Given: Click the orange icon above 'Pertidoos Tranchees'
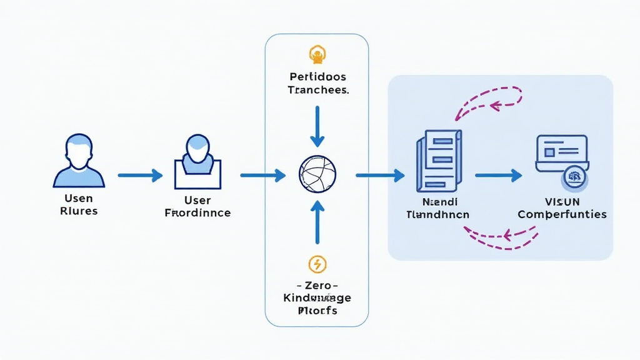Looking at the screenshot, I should point(317,56).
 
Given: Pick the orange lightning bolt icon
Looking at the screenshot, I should point(317,264).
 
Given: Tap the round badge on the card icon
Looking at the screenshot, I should point(574,177).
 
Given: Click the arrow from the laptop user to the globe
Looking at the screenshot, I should point(262,176).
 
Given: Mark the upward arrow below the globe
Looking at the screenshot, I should point(317,222).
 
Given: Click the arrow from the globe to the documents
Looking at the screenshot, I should point(380,176).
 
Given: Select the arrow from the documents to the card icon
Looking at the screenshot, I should point(498,176).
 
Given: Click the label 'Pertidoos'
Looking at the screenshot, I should point(317,76).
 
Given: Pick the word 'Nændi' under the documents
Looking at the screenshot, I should point(439,202).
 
